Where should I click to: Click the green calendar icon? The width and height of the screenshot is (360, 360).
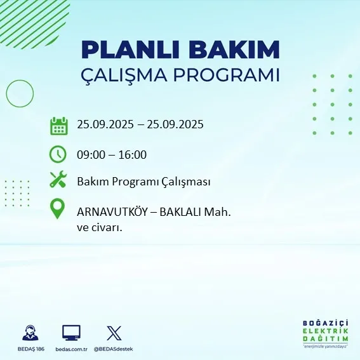coord(58,125)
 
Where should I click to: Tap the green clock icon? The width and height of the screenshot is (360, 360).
coord(58,154)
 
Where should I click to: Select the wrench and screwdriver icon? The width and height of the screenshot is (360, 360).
coord(58,180)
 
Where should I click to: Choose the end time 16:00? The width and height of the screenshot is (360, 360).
coord(133,154)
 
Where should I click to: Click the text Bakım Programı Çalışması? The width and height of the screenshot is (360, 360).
coord(143,182)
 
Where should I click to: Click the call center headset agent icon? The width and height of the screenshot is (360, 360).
coord(29,333)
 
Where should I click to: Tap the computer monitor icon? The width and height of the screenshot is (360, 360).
coord(71,333)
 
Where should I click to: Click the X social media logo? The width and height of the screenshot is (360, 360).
coord(114,333)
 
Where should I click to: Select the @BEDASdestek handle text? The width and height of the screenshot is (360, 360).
coord(114,349)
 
